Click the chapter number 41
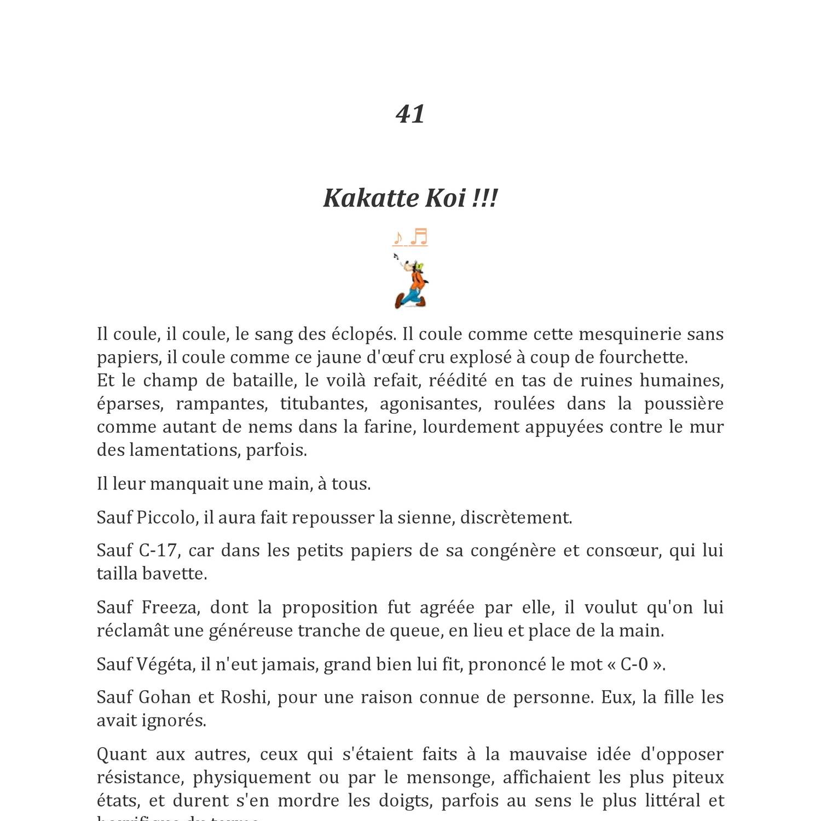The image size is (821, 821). tap(410, 114)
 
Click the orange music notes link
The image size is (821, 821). tap(410, 238)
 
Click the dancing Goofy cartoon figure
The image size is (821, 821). tap(411, 282)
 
